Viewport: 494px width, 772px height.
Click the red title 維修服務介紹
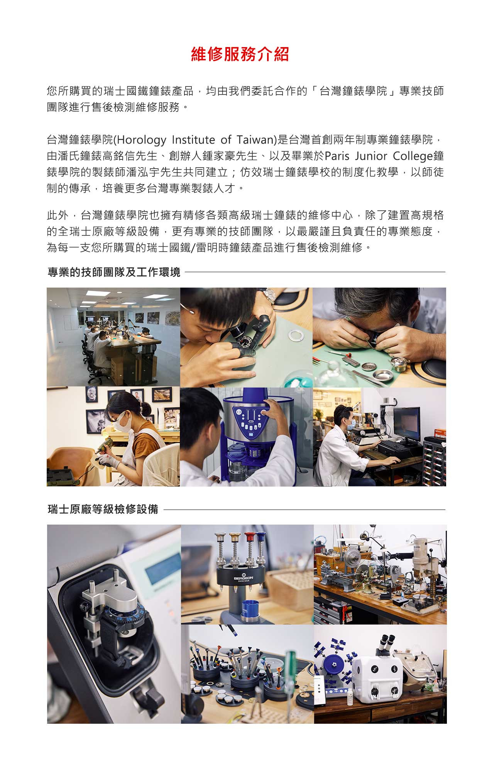click(240, 54)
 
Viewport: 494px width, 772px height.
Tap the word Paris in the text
click(337, 156)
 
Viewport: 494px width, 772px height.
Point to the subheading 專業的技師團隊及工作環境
click(114, 272)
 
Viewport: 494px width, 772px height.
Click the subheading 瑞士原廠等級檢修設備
click(103, 509)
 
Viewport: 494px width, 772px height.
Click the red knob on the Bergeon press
click(249, 537)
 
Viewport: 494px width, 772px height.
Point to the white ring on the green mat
click(296, 335)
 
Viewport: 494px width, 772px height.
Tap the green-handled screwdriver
click(290, 667)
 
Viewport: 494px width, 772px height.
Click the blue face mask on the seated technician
click(350, 424)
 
